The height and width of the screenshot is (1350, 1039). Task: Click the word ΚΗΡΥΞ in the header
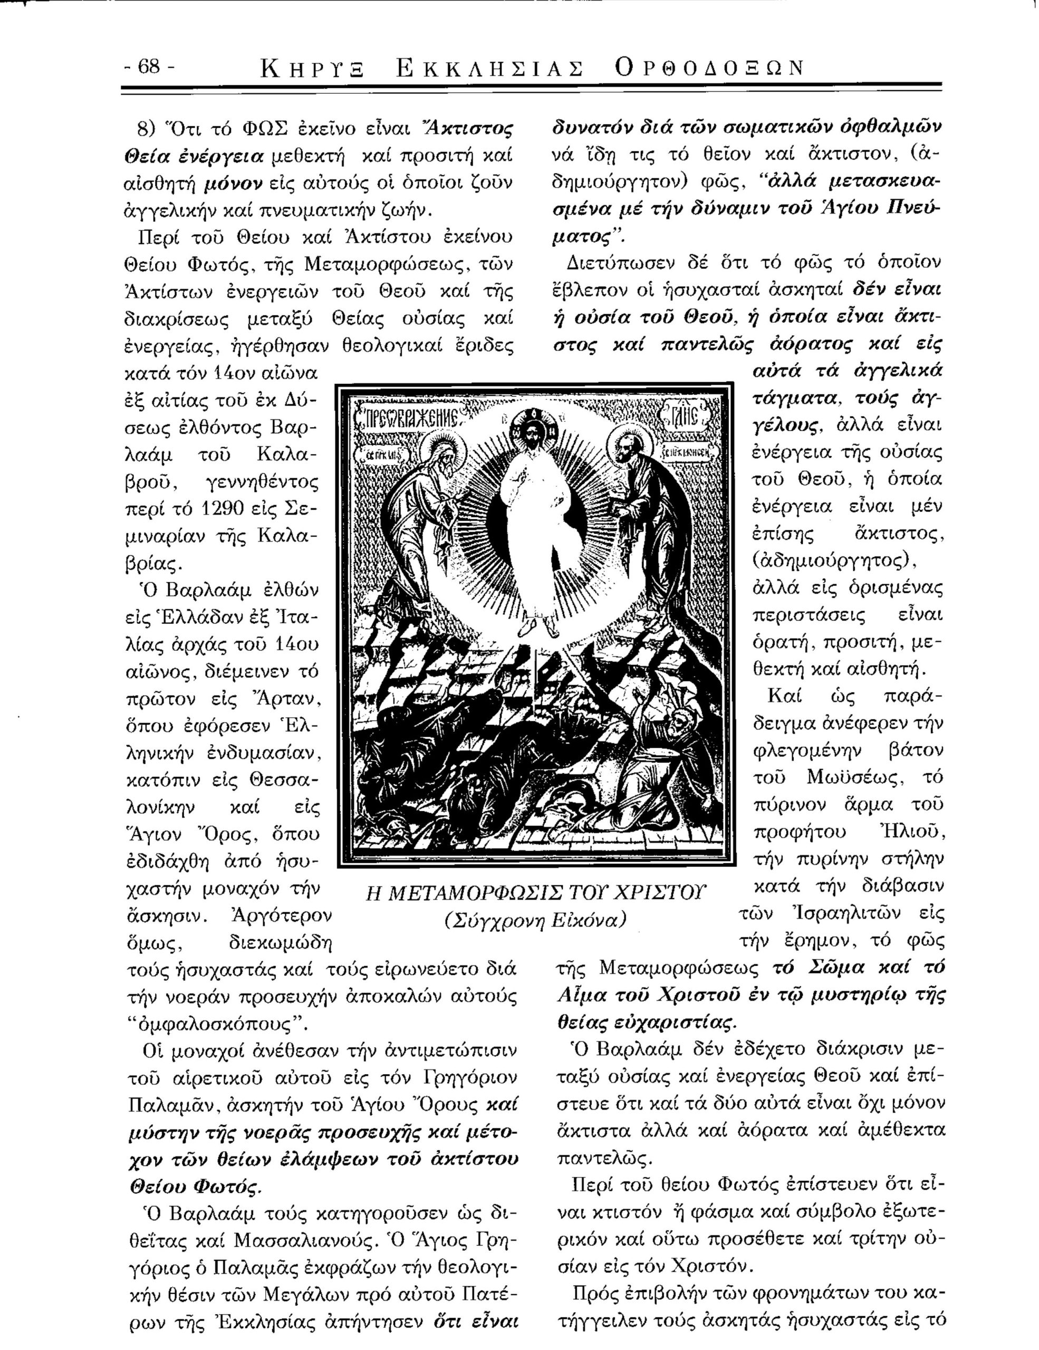coord(313,68)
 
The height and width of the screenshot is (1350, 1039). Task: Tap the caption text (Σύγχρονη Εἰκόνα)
coord(535,920)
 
